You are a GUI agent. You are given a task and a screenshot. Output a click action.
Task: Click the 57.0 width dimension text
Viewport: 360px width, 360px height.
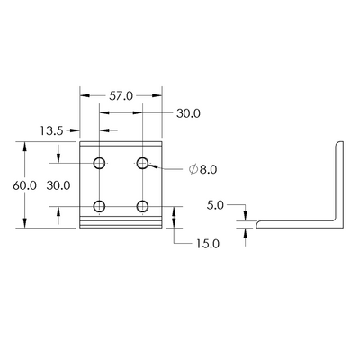coord(121,94)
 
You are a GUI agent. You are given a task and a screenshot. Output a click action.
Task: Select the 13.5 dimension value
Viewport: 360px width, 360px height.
coord(52,130)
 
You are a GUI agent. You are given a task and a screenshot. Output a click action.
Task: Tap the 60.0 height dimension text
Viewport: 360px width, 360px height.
coord(23,185)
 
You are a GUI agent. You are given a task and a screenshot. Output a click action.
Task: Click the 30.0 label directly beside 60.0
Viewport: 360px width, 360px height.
coord(58,185)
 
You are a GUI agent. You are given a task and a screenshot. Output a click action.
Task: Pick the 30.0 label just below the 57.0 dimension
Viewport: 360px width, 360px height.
coord(188,113)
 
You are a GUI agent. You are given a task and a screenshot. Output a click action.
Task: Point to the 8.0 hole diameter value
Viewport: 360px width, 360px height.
coord(209,168)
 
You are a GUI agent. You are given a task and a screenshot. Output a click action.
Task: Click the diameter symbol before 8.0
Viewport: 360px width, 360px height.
coord(193,168)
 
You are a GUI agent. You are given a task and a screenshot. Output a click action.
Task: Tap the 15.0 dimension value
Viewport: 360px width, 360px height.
coord(207,243)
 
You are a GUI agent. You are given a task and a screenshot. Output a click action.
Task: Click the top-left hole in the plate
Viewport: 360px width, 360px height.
coord(100,163)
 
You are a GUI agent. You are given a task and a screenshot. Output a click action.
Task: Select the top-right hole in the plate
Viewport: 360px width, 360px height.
coord(142,163)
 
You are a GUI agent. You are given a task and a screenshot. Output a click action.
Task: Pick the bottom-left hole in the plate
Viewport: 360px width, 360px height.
coord(100,206)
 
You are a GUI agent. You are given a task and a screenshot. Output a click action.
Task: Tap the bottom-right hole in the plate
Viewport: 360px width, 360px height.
coord(142,206)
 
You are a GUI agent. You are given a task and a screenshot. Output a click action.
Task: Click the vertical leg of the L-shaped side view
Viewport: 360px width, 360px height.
coord(339,180)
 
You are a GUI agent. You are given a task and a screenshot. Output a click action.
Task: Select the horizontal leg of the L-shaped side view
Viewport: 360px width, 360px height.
coord(297,223)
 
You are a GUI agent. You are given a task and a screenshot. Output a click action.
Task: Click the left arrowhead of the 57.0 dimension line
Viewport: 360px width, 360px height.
coord(84,94)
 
